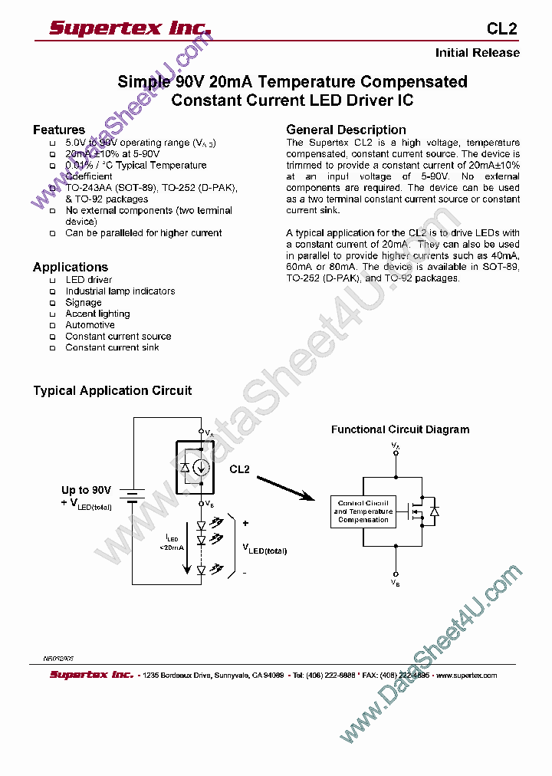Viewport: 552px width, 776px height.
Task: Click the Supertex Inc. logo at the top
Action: [130, 28]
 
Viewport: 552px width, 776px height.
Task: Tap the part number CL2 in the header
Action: [502, 29]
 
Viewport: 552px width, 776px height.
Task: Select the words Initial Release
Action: [477, 53]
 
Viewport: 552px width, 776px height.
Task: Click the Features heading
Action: [58, 130]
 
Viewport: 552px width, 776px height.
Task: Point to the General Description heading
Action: [346, 130]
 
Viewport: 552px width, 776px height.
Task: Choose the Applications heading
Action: [70, 267]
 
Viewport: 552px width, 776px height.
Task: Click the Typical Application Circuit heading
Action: [112, 391]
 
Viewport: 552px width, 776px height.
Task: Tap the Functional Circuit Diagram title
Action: [399, 430]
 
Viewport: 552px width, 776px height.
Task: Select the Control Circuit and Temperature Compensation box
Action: [363, 511]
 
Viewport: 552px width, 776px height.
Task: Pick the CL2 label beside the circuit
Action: [239, 469]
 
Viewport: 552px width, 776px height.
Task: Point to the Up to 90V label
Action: [86, 490]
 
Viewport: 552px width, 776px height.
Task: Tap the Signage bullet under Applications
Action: [83, 303]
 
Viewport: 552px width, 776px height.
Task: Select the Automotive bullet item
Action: [90, 325]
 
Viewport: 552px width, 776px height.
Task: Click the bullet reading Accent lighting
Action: [97, 314]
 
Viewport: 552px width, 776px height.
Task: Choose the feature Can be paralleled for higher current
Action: [143, 233]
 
